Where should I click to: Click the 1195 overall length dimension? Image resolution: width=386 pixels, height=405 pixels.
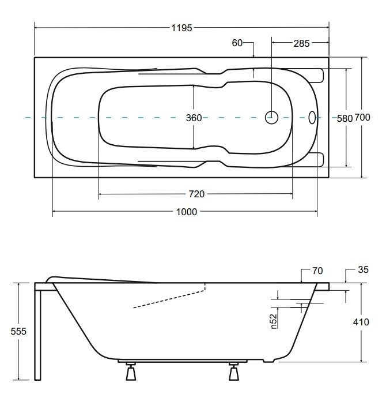tap(182, 28)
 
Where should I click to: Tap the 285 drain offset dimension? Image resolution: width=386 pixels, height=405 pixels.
tap(301, 43)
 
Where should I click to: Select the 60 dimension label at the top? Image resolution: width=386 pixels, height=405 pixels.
tap(237, 43)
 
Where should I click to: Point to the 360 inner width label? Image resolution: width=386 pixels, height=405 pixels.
tap(194, 118)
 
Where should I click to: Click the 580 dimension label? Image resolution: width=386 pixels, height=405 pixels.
tap(345, 118)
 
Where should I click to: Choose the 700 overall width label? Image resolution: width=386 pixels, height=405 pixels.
tap(362, 118)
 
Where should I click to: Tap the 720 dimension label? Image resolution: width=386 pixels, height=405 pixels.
tap(196, 194)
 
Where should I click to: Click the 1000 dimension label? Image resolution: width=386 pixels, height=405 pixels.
tap(187, 212)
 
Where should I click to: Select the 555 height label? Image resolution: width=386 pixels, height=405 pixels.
tap(18, 331)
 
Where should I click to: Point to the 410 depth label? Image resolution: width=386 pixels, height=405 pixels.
tap(361, 322)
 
